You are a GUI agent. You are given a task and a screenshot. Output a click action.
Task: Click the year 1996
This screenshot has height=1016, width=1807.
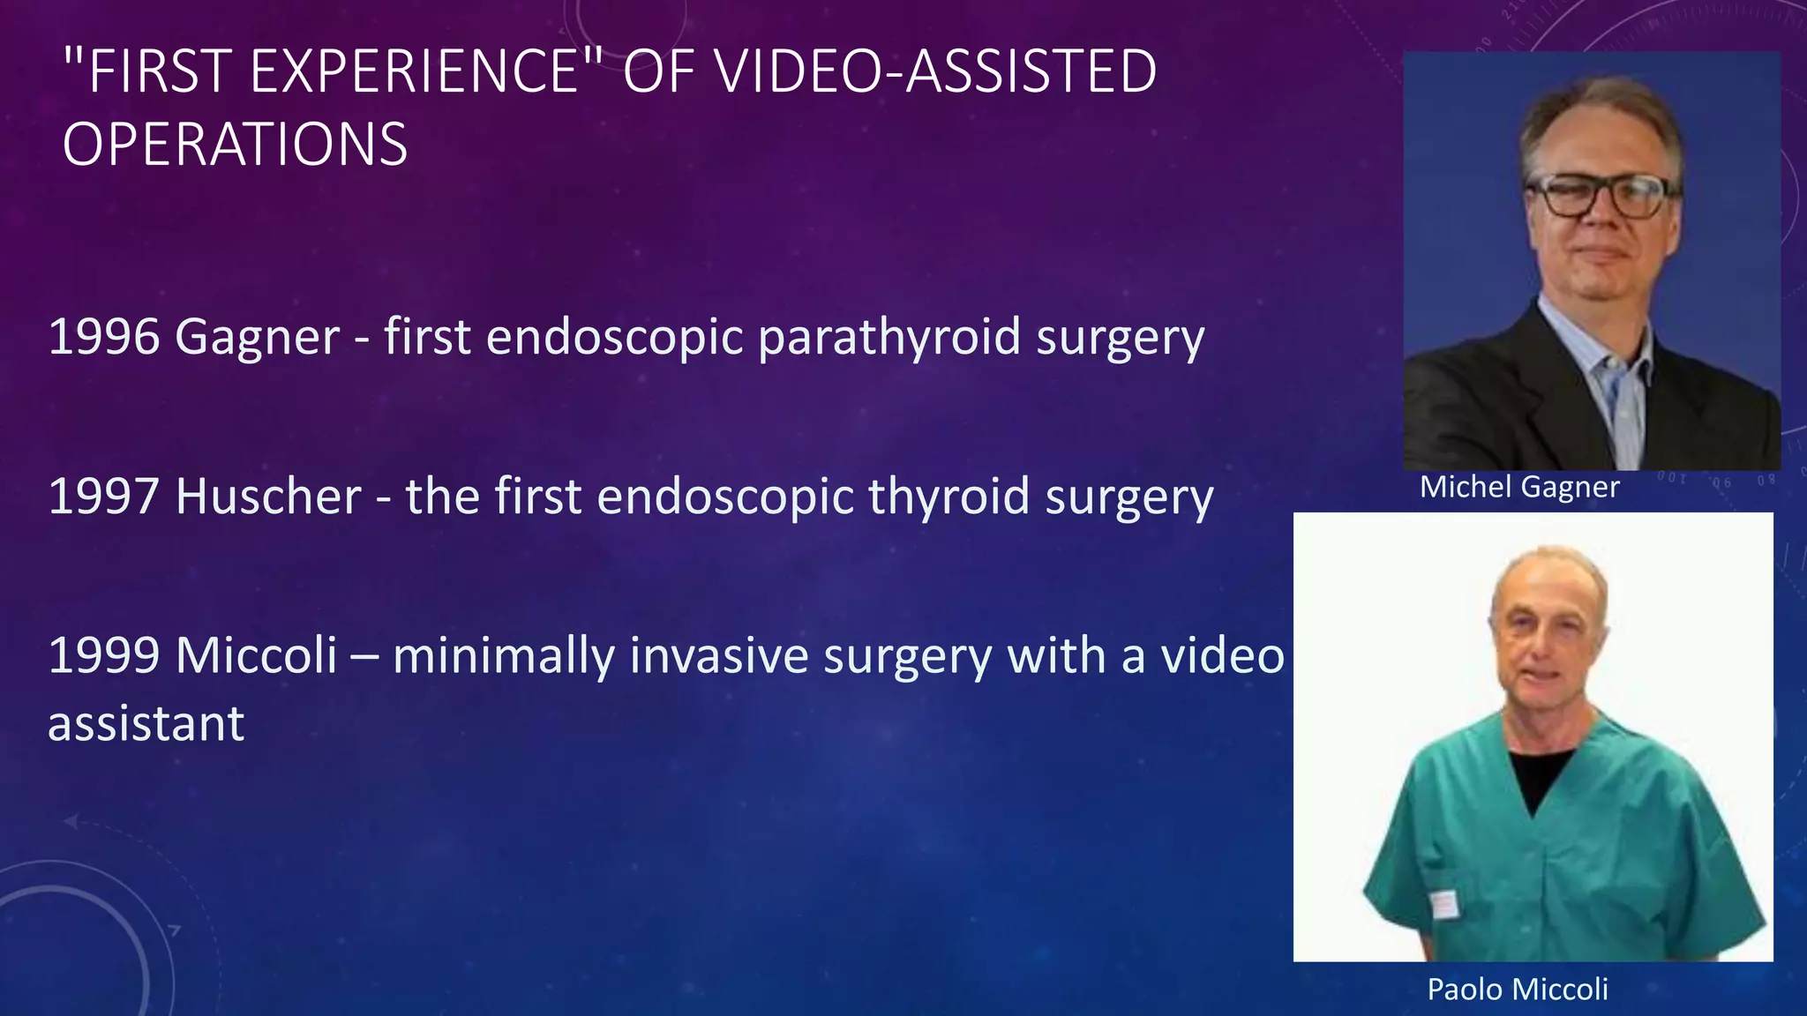coord(103,338)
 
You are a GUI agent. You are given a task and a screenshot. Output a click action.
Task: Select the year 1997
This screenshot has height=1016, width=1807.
coord(103,497)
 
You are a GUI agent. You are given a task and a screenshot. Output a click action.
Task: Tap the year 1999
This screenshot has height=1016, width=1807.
coord(103,656)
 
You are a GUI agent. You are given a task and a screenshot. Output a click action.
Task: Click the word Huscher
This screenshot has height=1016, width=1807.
coord(268,497)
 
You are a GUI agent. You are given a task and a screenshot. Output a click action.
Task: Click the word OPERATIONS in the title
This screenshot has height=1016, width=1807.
coord(235,145)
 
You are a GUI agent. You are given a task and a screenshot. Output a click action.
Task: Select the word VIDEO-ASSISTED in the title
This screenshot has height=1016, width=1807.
coord(934,72)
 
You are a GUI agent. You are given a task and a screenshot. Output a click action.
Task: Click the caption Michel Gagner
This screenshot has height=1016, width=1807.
coord(1519,487)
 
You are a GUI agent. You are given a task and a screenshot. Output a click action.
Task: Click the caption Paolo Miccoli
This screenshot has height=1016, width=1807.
coord(1518,990)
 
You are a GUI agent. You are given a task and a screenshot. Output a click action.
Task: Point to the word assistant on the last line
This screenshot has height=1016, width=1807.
coord(146,724)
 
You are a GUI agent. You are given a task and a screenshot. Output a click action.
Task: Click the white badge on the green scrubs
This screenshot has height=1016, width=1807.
coord(1443,904)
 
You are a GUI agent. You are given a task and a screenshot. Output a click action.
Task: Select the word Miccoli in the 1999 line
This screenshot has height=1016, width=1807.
coord(256,656)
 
